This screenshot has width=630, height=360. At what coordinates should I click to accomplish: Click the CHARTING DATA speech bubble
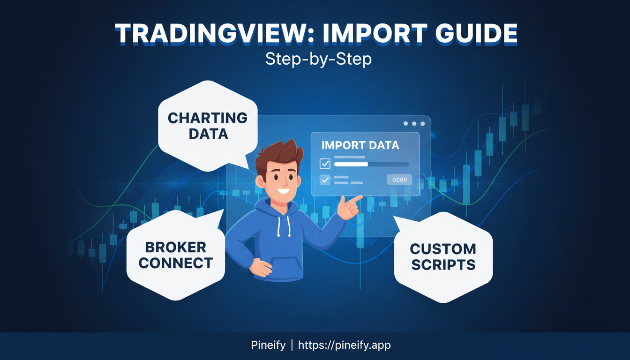click(208, 125)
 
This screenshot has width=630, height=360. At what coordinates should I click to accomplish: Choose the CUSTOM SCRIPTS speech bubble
click(443, 256)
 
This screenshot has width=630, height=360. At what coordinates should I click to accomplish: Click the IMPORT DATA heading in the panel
click(360, 145)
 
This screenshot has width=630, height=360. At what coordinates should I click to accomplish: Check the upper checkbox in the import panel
click(325, 164)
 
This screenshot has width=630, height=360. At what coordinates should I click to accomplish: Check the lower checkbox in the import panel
click(325, 180)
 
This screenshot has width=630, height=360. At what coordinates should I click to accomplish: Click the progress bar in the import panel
click(371, 165)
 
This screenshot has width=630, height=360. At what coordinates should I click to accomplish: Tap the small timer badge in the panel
click(399, 179)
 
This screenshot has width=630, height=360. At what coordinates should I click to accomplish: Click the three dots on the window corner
click(414, 124)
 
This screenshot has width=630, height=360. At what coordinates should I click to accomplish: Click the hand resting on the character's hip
click(259, 267)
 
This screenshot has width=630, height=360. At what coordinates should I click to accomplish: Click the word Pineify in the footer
click(268, 345)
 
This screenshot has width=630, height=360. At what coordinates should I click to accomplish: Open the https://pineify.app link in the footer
click(344, 345)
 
